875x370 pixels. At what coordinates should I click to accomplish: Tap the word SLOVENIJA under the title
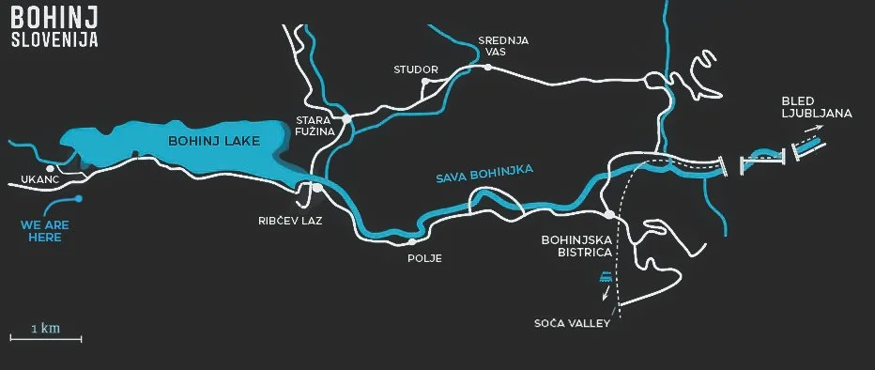(55, 41)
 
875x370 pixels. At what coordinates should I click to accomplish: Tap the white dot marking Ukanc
(51, 168)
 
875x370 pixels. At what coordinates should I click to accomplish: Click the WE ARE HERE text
(44, 231)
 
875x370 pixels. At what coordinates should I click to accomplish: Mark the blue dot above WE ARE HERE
(79, 198)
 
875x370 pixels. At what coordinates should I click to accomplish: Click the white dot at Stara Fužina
(346, 119)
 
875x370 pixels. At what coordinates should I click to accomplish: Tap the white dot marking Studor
(425, 82)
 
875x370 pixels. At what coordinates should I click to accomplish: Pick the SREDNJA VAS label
(504, 46)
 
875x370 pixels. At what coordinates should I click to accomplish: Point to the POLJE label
(424, 257)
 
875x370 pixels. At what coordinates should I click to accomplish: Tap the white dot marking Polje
(411, 241)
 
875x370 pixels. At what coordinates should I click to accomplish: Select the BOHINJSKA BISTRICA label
(576, 246)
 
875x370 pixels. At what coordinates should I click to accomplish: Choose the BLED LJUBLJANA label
(815, 107)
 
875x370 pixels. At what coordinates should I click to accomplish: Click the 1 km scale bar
(45, 337)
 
